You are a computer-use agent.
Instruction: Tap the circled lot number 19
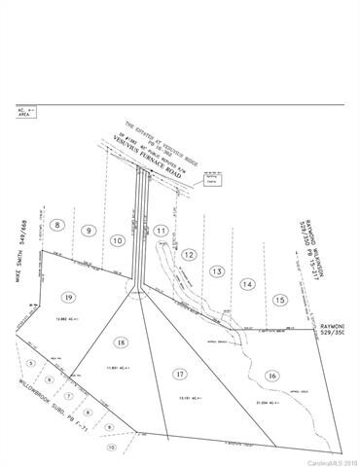point(67,297)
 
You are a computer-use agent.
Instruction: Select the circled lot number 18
point(121,341)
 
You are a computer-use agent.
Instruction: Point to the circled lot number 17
point(179,374)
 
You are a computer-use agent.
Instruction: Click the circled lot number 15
point(280,300)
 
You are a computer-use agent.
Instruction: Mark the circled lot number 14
point(248,284)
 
